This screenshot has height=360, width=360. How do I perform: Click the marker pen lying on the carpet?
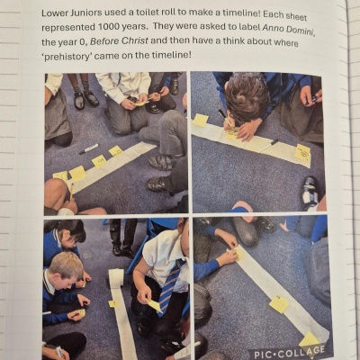[x=89, y=148]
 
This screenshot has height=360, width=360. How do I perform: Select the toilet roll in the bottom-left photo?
[x=116, y=278]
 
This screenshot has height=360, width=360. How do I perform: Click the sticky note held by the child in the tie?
[x=155, y=304]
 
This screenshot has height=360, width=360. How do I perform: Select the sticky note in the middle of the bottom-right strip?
[x=279, y=304]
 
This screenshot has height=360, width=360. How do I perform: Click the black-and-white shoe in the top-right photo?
[x=310, y=193]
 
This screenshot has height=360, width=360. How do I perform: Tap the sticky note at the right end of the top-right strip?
[x=302, y=153]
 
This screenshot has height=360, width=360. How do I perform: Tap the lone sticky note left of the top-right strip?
[x=201, y=120]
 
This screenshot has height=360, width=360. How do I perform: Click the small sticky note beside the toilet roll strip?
[x=113, y=304]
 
